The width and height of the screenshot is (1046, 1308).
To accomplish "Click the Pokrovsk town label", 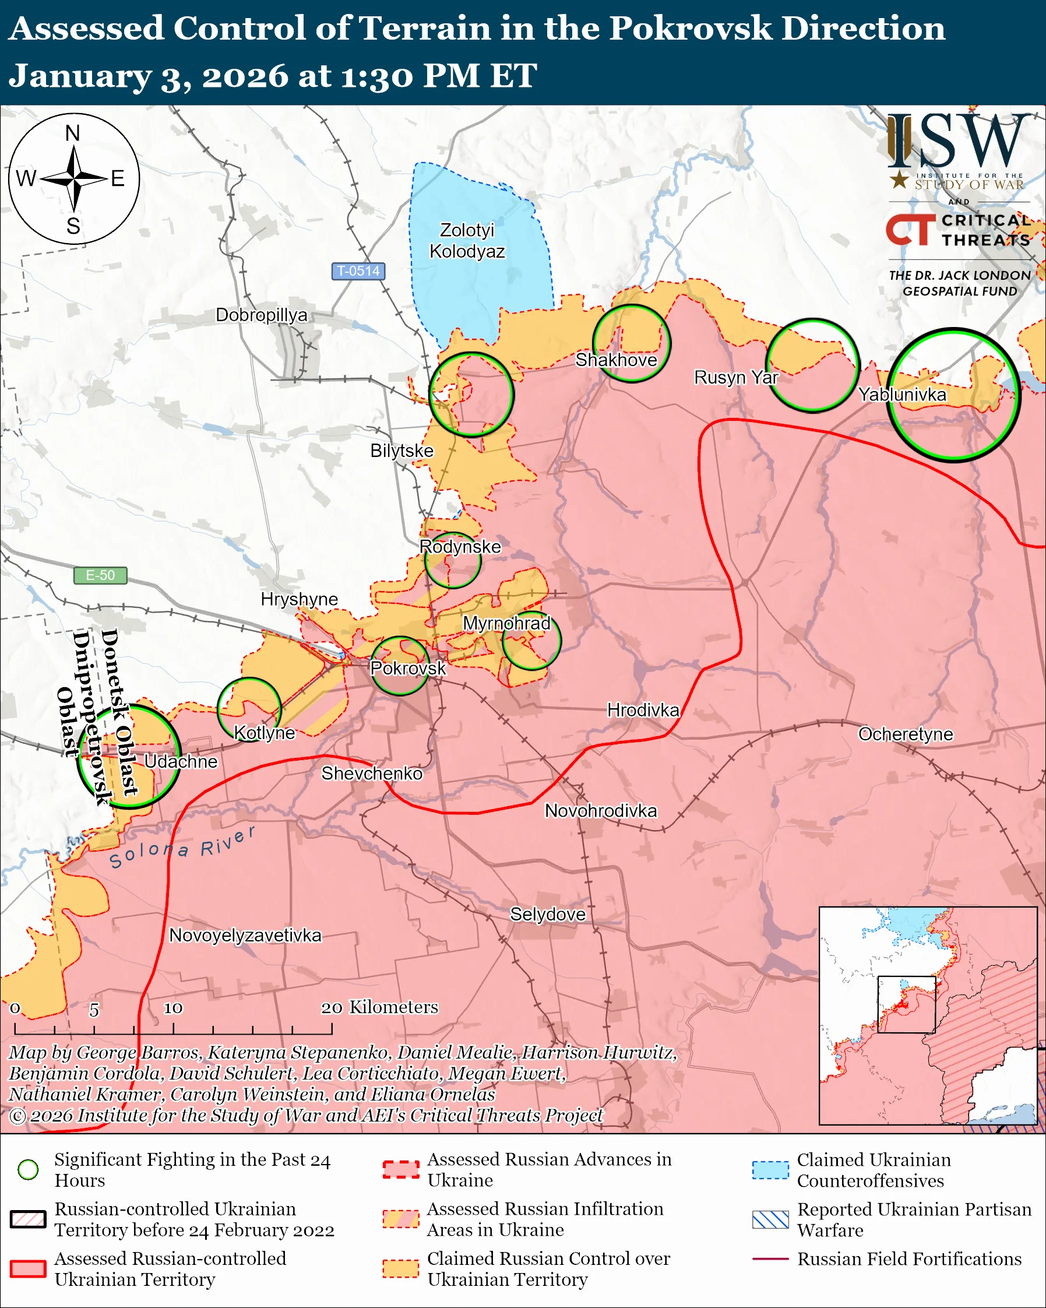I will pos(408,668).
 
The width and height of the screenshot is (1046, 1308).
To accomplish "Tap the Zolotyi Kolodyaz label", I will pos(467,240).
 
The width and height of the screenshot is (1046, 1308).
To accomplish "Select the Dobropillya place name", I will pos(261,315).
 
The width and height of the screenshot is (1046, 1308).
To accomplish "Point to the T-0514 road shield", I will pos(358,270).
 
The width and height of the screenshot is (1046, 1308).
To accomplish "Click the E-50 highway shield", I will pos(100,575).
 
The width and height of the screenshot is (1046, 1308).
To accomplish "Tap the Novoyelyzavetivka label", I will pos(245,935).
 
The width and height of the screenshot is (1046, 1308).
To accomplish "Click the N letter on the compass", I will pos(73,133).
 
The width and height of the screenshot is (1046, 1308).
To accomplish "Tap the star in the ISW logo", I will pos(899,180).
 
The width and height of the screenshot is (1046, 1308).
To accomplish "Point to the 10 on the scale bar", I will pos(173,1008).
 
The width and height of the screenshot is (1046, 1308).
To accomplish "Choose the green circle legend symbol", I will pos(28,1169).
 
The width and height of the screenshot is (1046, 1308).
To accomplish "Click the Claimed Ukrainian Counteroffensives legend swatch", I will pos(770,1170).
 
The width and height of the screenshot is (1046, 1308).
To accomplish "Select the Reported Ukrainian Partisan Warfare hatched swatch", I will pos(770,1219).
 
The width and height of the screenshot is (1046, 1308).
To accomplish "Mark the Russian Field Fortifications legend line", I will pos(770,1259).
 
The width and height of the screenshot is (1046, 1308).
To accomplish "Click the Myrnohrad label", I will pos(506,623).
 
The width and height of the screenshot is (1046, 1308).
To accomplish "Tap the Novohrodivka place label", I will pos(600,811).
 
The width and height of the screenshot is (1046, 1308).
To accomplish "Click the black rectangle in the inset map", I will pos(907,1004).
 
